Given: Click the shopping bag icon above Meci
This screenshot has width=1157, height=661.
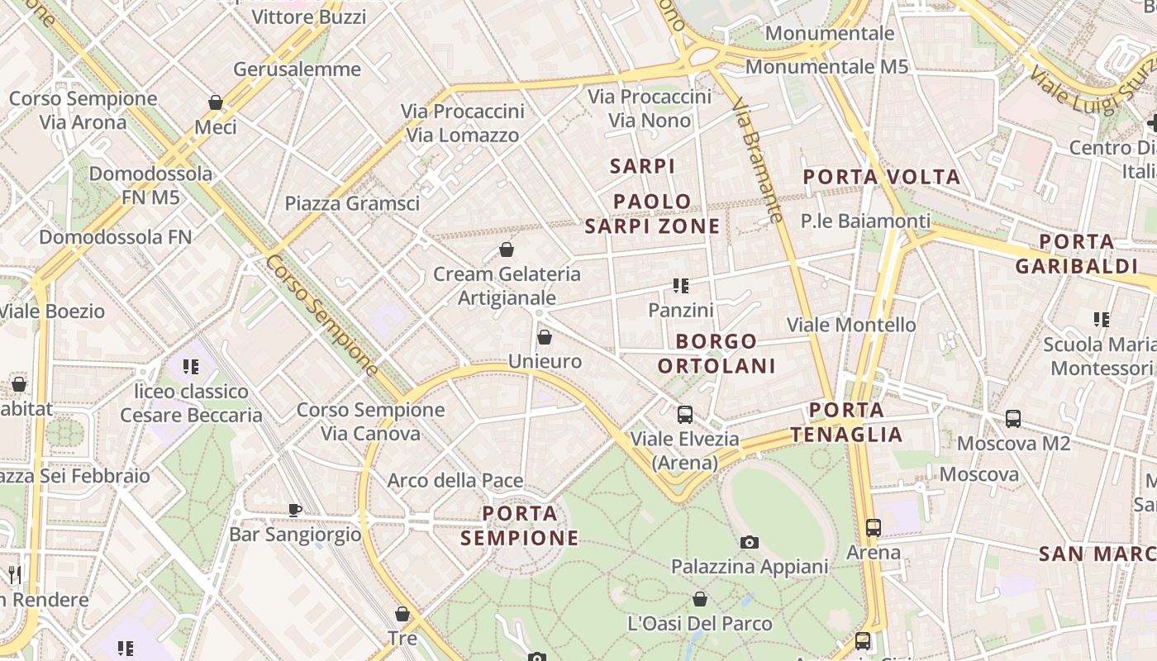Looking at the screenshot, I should coord(216,102).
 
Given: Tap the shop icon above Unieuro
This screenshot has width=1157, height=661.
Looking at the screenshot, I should coord(545,337).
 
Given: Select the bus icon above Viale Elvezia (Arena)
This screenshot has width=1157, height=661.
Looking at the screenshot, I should coord(685,415).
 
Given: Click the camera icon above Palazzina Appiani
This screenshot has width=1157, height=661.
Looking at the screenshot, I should coord(750,542).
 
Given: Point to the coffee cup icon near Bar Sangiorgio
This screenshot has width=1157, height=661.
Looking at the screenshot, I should coord(295,510).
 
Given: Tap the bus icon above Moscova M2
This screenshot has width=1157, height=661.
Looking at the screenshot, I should coord(1013,419).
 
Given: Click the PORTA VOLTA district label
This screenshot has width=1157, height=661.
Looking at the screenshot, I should coord(882,177).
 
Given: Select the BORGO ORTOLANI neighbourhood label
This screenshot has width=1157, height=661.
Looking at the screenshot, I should coord(717,354).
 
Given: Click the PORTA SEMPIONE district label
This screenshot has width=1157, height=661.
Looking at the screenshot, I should coord(520,525).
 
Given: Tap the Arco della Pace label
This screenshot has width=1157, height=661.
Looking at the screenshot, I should coord(455,480).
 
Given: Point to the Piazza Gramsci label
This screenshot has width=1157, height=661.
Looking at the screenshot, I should coord(352,203).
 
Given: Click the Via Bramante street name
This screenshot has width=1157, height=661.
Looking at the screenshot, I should coord(757,161).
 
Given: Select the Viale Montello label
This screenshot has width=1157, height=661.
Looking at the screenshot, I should coord(851,325).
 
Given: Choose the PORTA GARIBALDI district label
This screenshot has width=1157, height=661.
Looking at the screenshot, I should coord(1077,254).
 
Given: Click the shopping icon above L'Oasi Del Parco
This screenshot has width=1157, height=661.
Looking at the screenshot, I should coord(700,599).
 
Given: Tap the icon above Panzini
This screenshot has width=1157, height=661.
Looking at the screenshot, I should coord(681,286).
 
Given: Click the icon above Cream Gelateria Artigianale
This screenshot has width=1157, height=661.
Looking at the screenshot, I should coord(507,250).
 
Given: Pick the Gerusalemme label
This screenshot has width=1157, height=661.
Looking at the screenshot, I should coord(297,69).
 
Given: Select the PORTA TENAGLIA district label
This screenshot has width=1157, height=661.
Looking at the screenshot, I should coord(846,421).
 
